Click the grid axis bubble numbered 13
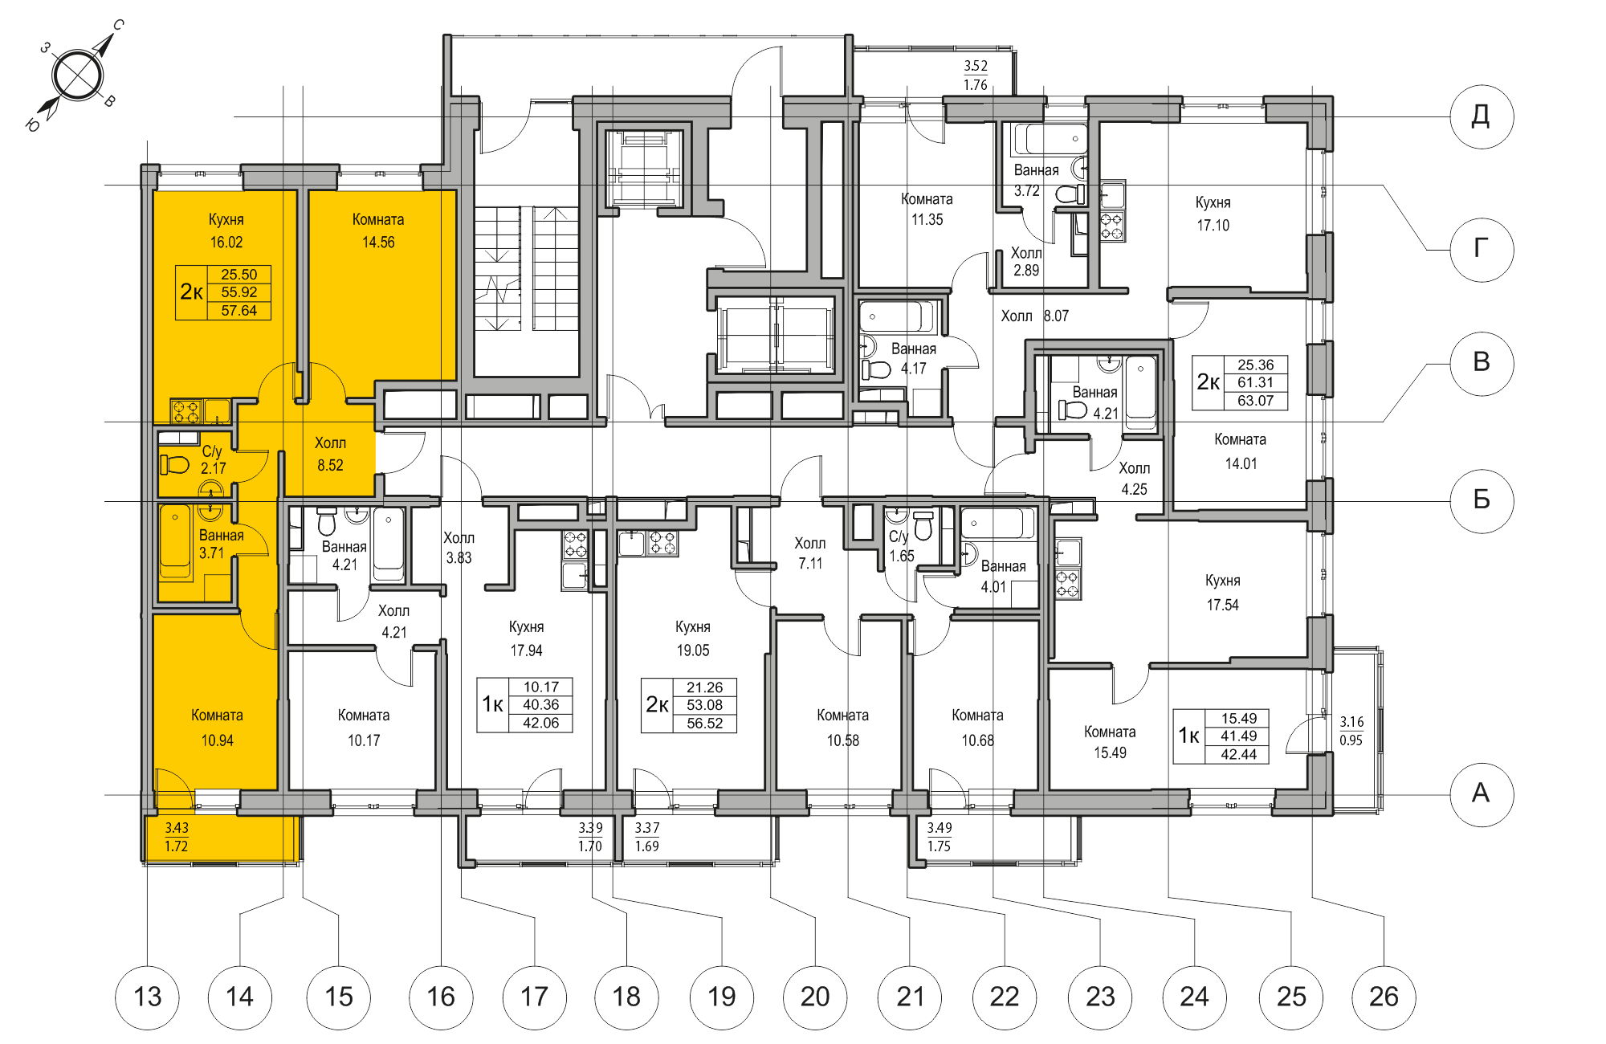pos(148,997)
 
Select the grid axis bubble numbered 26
pos(1384,997)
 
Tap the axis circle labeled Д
pos(1482,116)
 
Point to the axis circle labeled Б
pos(1482,500)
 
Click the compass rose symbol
pos(77,76)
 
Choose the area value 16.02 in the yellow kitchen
pos(226,243)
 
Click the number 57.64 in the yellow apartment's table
pos(238,311)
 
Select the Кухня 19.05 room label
pos(692,638)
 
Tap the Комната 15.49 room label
pos(1110,742)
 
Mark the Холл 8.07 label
pos(1034,316)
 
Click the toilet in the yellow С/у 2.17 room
pos(174,464)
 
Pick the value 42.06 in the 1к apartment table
pos(540,723)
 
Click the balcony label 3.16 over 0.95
pos(1351,731)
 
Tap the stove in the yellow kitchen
pos(186,412)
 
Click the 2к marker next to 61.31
pos(1208,382)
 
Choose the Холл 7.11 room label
pos(809,553)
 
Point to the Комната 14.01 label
pos(1241,451)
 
